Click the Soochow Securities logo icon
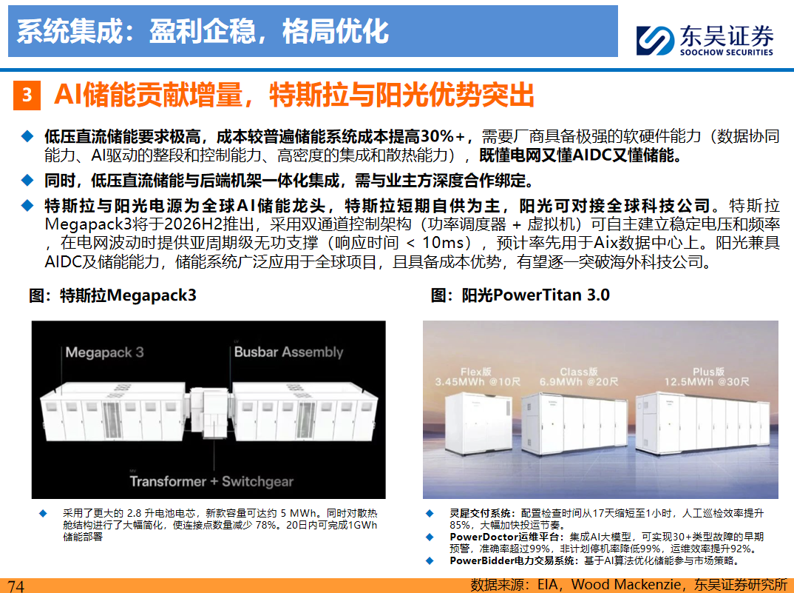655,40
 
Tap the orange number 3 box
27,96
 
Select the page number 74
16,586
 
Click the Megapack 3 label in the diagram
104,352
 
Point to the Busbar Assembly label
288,352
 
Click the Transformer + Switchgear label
211,481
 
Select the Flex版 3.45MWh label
477,376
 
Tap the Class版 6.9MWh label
579,376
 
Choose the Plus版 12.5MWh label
707,376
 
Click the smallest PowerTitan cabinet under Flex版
478,423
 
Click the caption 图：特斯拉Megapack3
112,295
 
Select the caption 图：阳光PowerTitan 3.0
520,295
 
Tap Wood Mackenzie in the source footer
626,585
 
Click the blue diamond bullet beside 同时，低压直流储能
27,180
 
